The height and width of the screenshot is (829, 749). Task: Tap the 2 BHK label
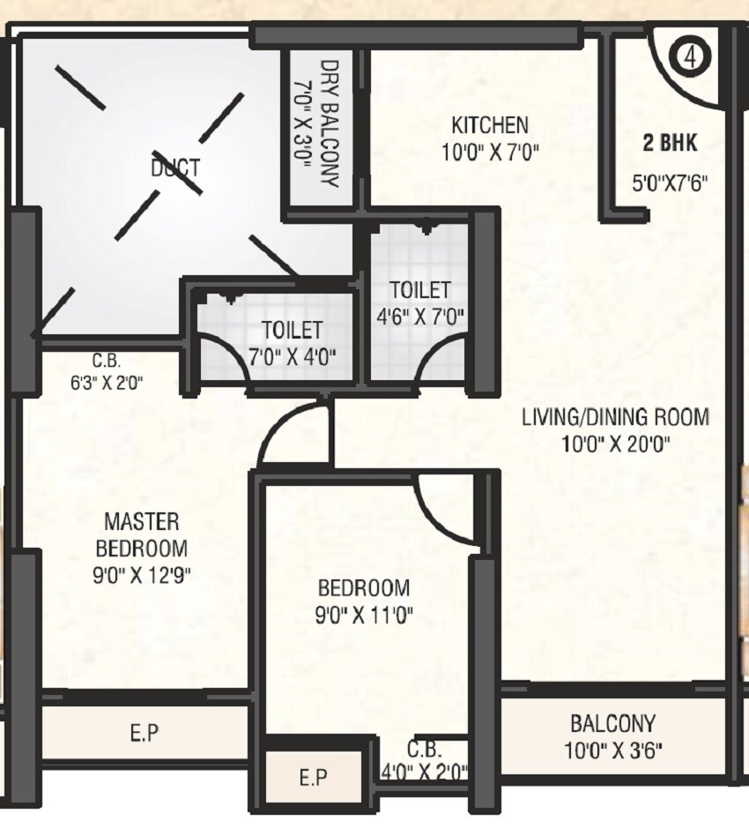click(671, 142)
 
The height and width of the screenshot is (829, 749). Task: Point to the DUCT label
click(175, 168)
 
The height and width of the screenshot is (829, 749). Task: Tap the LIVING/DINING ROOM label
click(615, 417)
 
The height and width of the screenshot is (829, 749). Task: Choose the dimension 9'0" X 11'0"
click(364, 614)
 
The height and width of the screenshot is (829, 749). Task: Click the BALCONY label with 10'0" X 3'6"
click(612, 724)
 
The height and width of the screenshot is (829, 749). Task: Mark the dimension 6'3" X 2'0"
click(106, 382)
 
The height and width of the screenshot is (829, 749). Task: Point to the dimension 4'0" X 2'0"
click(425, 773)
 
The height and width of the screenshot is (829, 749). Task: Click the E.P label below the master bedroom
click(145, 732)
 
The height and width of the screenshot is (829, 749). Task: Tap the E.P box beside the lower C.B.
click(314, 777)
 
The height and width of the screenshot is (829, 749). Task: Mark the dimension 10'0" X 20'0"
click(616, 444)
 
